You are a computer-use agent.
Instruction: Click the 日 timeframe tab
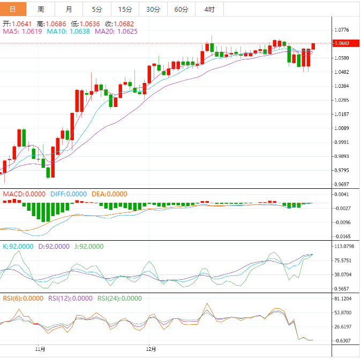[13, 10]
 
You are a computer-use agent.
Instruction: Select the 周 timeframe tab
[41, 10]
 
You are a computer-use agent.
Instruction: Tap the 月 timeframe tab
[69, 10]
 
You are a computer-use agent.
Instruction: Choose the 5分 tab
[97, 10]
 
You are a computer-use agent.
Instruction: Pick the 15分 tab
[125, 10]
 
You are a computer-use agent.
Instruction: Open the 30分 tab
[153, 10]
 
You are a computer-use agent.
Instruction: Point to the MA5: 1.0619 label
[22, 32]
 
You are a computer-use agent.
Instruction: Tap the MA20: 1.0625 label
[116, 32]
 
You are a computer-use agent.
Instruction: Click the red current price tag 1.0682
[341, 43]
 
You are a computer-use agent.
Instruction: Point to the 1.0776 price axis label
[341, 30]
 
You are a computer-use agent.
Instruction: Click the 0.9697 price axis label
[341, 184]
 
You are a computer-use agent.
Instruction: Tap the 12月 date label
[152, 349]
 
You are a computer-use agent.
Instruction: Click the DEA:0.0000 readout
[109, 194]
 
